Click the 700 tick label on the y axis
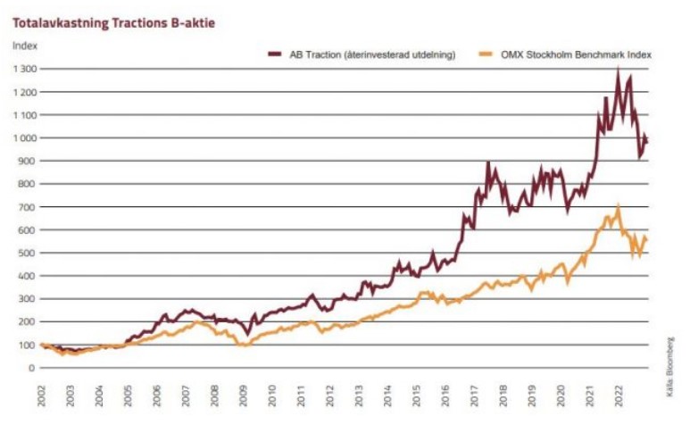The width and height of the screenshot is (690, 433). pos(29,206)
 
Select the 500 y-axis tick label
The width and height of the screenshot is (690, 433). pos(29,253)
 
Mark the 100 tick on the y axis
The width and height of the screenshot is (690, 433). pos(29,345)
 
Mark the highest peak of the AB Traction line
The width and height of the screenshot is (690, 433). pos(618,69)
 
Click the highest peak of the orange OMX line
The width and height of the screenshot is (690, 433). pos(618,206)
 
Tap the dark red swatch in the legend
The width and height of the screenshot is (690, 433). pos(276,54)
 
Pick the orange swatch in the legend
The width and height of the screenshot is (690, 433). pos(486,54)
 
